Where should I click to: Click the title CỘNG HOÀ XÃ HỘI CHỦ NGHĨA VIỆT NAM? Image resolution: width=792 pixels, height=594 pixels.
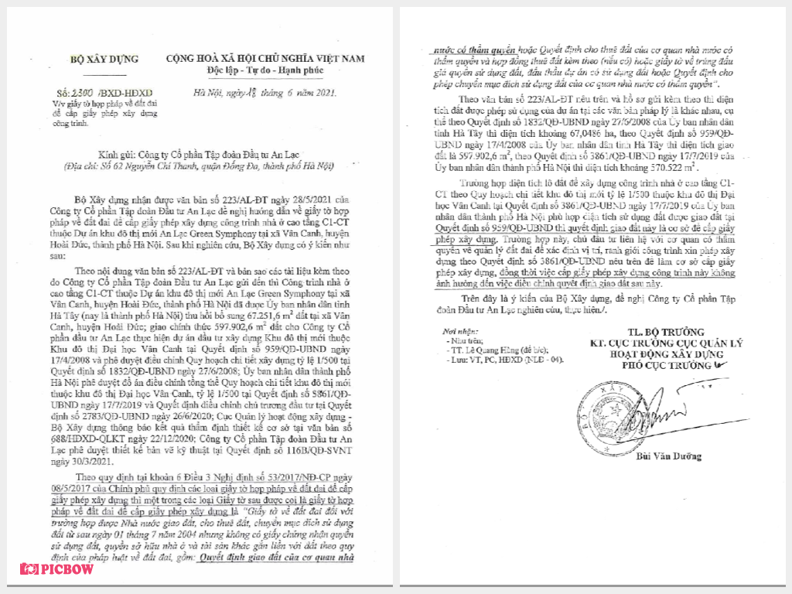[266, 59]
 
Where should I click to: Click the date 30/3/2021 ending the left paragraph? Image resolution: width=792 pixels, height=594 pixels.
[75, 460]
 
